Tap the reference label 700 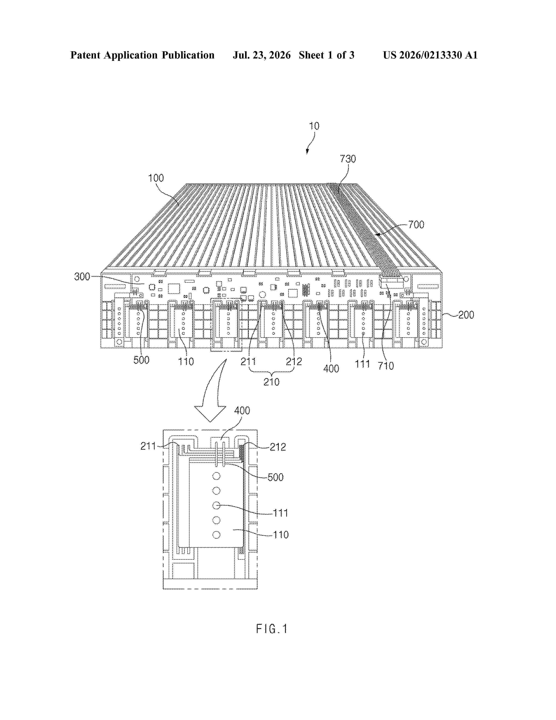click(416, 225)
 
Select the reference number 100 click(156, 178)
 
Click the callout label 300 click(82, 277)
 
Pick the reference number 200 click(466, 315)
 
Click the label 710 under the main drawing click(386, 366)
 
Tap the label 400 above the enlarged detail click(242, 411)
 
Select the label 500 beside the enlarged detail click(276, 477)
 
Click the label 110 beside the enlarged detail click(281, 535)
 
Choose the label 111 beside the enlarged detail click(281, 513)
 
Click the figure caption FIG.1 click(272, 629)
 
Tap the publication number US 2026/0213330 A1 click(430, 55)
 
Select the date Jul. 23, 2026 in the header click(262, 55)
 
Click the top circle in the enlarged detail click(217, 476)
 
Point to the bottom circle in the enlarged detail click(217, 535)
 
